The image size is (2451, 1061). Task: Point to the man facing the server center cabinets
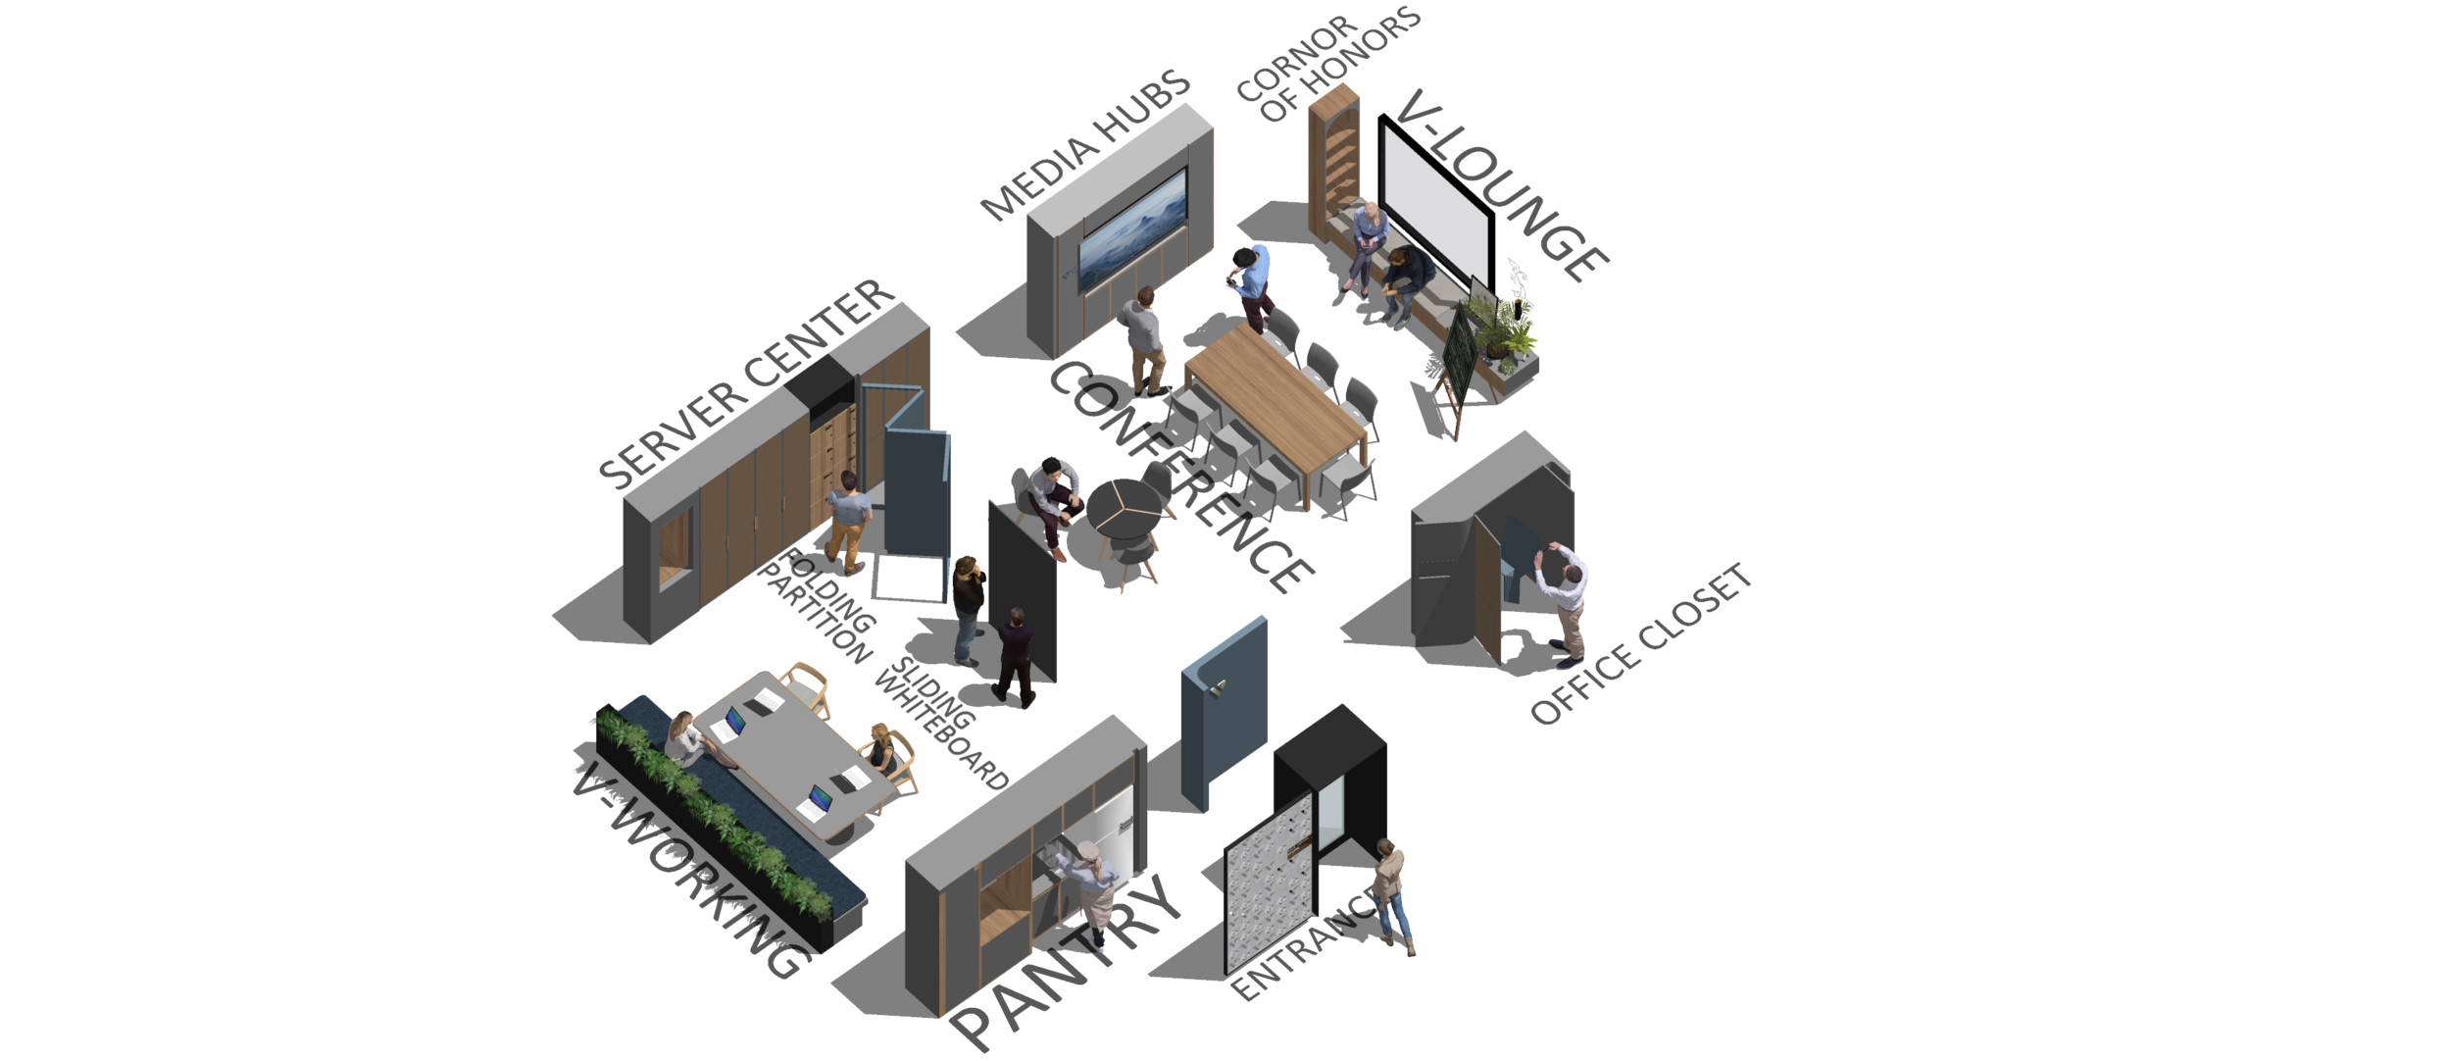[849, 519]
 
